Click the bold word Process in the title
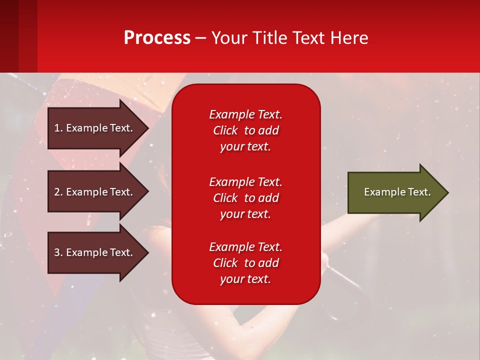tap(157, 38)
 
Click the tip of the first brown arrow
tap(147, 128)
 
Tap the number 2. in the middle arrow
tap(58, 192)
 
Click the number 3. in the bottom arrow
tap(58, 252)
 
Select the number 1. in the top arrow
tap(58, 128)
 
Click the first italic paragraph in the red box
tap(245, 130)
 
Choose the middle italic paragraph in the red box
tap(245, 197)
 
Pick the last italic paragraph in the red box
tap(245, 263)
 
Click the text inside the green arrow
tap(397, 192)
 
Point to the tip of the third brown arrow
tap(147, 252)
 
